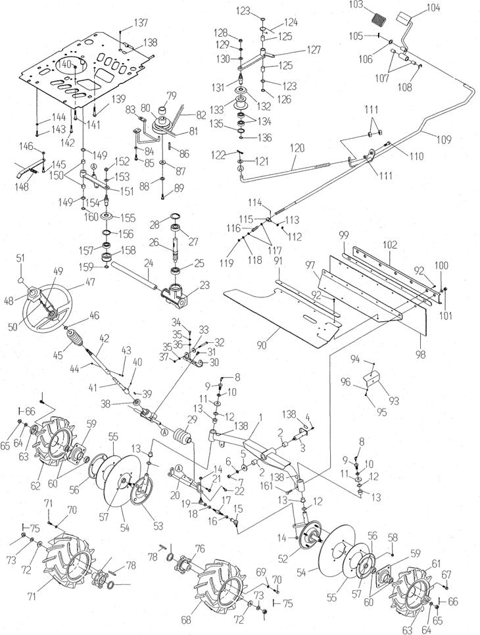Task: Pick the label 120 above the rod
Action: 297,148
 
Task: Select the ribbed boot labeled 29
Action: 182,439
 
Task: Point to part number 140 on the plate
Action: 64,64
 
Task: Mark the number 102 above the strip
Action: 390,245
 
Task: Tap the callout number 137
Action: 141,23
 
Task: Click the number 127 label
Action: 312,50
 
